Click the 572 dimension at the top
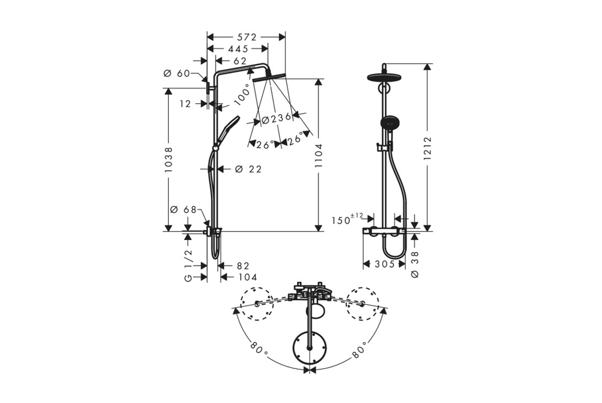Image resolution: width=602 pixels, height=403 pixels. (246, 37)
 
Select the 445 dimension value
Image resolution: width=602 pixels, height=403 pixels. (238, 49)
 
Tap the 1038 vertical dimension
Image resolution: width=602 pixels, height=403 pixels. (169, 159)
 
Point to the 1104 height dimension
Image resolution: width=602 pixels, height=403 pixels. (318, 156)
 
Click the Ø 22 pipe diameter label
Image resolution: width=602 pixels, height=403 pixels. (248, 169)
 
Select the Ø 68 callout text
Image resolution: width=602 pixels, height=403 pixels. (183, 210)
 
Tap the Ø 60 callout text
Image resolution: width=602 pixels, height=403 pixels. (177, 73)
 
